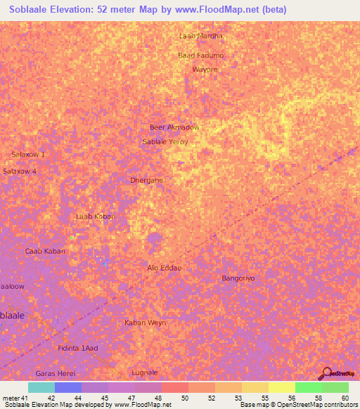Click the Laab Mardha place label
[201, 36]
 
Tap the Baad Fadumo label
[201, 56]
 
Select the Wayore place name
[205, 70]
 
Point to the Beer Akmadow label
[174, 127]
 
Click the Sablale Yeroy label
[166, 141]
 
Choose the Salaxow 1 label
[28, 154]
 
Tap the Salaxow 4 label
[20, 171]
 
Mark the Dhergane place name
[147, 180]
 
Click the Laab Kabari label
[95, 216]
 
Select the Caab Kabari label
[45, 251]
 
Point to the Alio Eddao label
[165, 268]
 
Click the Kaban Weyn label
[145, 323]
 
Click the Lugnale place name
[145, 372]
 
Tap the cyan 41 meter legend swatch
[41, 387]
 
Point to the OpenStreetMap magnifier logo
[326, 374]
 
